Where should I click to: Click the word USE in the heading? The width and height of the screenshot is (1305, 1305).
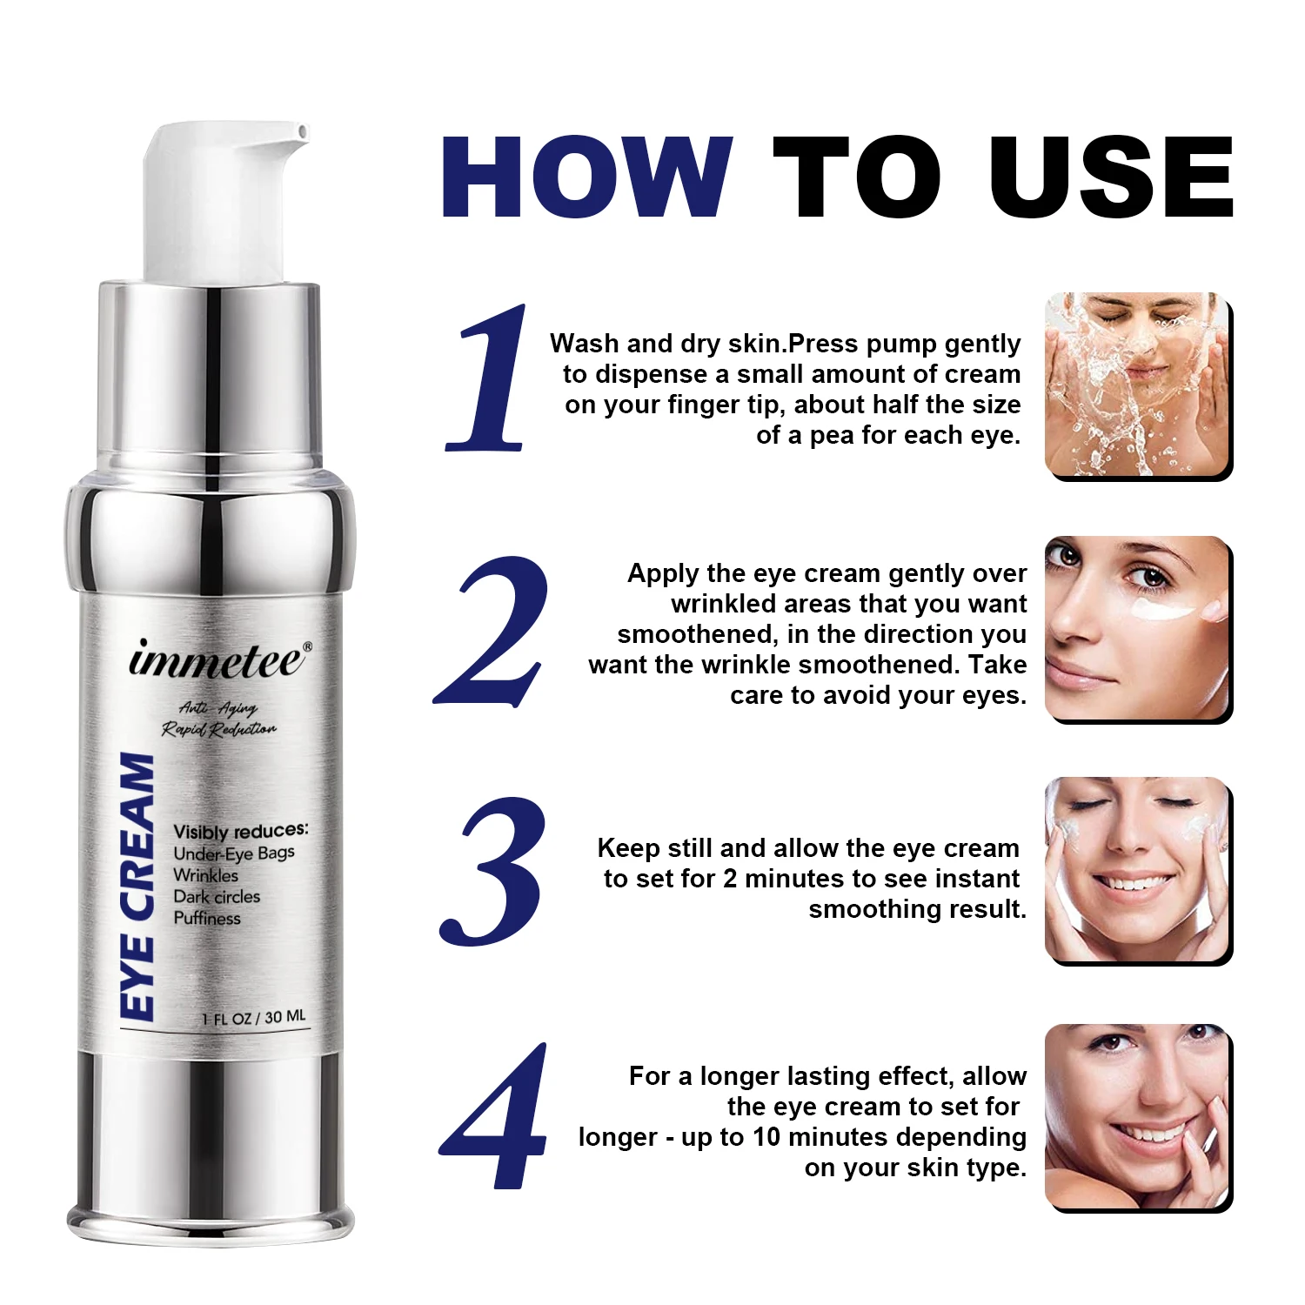(1111, 178)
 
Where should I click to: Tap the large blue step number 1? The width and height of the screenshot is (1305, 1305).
(490, 378)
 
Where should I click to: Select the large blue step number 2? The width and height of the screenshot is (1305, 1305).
(492, 631)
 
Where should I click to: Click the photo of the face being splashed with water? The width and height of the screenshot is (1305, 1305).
(1137, 385)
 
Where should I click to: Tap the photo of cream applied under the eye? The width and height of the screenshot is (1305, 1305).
(1137, 628)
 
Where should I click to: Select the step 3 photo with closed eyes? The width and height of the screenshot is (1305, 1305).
(1137, 870)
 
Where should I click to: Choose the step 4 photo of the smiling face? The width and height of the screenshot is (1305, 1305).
(1137, 1117)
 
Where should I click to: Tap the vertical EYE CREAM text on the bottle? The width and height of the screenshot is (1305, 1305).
(137, 886)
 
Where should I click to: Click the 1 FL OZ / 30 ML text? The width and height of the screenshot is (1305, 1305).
(254, 1017)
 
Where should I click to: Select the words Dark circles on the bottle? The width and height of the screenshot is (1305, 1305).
(217, 897)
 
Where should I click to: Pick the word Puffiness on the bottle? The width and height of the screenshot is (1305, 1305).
(207, 918)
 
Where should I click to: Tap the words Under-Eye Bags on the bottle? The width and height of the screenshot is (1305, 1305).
(234, 853)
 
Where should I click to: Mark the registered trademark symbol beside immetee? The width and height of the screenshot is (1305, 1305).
(307, 646)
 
